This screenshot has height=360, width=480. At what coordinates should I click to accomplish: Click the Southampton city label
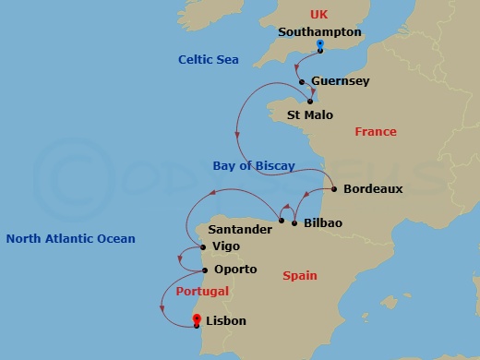(319, 31)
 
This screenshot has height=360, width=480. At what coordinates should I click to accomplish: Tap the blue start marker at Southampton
(319, 44)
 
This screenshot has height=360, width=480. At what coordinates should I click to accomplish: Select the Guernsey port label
(341, 81)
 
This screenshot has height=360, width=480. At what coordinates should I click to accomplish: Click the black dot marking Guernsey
(302, 81)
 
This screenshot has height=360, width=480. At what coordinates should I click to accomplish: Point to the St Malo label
(310, 115)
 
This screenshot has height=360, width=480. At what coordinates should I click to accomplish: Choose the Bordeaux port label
(373, 188)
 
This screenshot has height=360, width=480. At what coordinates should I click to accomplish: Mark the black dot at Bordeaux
(332, 188)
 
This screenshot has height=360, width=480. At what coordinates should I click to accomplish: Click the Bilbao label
(322, 223)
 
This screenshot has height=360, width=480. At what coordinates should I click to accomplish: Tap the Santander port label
(240, 229)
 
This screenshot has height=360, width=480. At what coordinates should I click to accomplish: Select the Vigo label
(226, 247)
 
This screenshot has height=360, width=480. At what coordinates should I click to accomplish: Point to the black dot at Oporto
(204, 270)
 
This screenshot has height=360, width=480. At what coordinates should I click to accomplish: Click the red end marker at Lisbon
(197, 320)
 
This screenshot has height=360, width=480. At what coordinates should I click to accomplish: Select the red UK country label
(318, 15)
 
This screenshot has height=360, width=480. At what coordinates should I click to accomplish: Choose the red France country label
(376, 132)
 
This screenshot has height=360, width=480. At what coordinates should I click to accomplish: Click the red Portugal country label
(201, 292)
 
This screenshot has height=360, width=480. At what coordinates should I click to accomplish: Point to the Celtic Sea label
(209, 60)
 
